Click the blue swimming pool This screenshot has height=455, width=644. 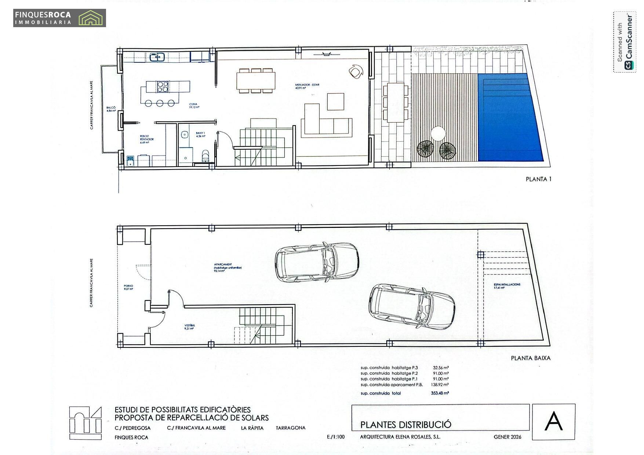[x=510, y=117]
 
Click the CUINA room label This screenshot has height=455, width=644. [x=194, y=106]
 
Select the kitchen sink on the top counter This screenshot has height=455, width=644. [x=157, y=57]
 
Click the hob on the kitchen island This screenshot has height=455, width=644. [x=163, y=87]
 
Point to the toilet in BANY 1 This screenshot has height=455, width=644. [x=205, y=156]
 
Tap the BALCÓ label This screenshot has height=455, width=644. [x=111, y=109]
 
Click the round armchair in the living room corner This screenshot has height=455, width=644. [x=356, y=71]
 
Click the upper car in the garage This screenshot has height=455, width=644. [x=317, y=262]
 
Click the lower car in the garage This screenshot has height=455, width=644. [x=412, y=306]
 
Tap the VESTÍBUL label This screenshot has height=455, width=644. [x=190, y=327]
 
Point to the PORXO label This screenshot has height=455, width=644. [x=128, y=287]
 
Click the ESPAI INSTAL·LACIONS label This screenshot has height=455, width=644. [x=507, y=286]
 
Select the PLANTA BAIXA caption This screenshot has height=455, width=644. [x=530, y=358]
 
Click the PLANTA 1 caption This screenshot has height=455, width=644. [x=538, y=179]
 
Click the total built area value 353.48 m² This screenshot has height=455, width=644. [x=440, y=393]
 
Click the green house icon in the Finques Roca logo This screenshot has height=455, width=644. [x=91, y=18]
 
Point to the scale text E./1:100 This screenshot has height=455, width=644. [x=335, y=437]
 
